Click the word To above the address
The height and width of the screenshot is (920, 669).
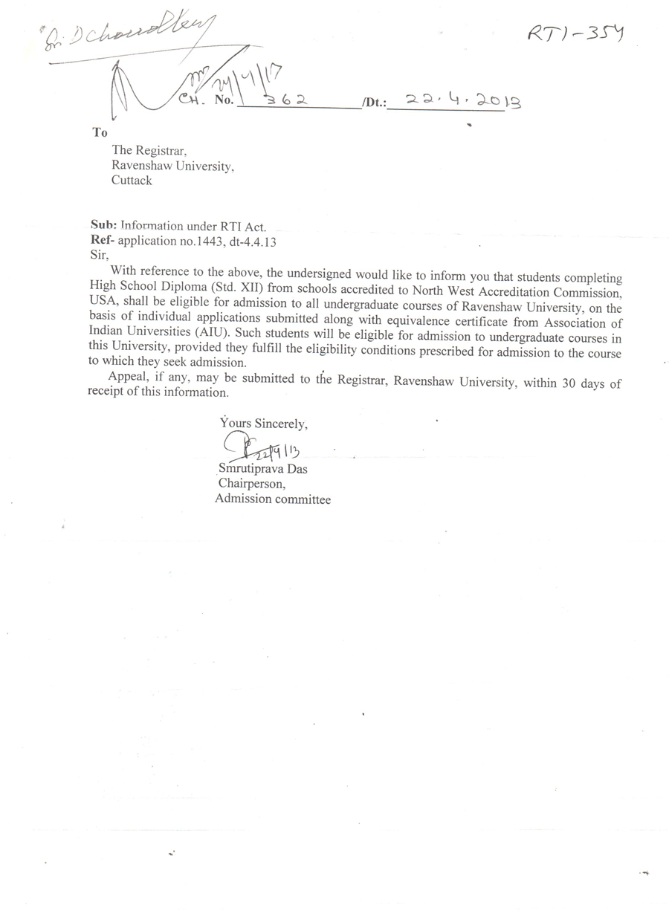pos(100,132)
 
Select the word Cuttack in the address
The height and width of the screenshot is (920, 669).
pos(132,180)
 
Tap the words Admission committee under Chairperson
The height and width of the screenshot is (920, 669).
pos(273,499)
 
